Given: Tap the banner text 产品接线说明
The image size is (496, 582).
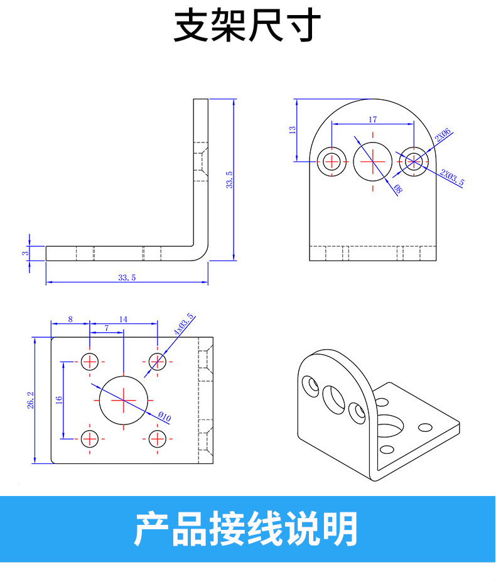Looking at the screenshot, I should coord(246,529).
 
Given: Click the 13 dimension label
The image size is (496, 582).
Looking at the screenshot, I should coord(291,130).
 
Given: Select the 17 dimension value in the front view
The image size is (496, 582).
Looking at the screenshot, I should coord(372,119).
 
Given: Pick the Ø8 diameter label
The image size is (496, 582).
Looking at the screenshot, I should coord(397,187).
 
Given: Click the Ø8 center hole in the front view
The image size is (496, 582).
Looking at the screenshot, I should coord(372,161).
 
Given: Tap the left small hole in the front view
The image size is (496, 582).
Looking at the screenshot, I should coord(332,161).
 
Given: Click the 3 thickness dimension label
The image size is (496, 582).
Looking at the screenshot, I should coord(24,253).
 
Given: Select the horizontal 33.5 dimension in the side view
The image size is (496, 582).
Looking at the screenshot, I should coord(126,277).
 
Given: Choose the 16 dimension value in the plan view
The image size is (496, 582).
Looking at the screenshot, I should coord(58,399).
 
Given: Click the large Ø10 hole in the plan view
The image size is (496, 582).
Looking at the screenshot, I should coord(124,400).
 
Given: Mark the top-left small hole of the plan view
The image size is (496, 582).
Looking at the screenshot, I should coord(90,361).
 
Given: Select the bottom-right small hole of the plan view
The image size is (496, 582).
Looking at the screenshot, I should coord(158,438).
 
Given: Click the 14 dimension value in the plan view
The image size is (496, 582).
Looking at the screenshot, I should coord(123,319).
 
